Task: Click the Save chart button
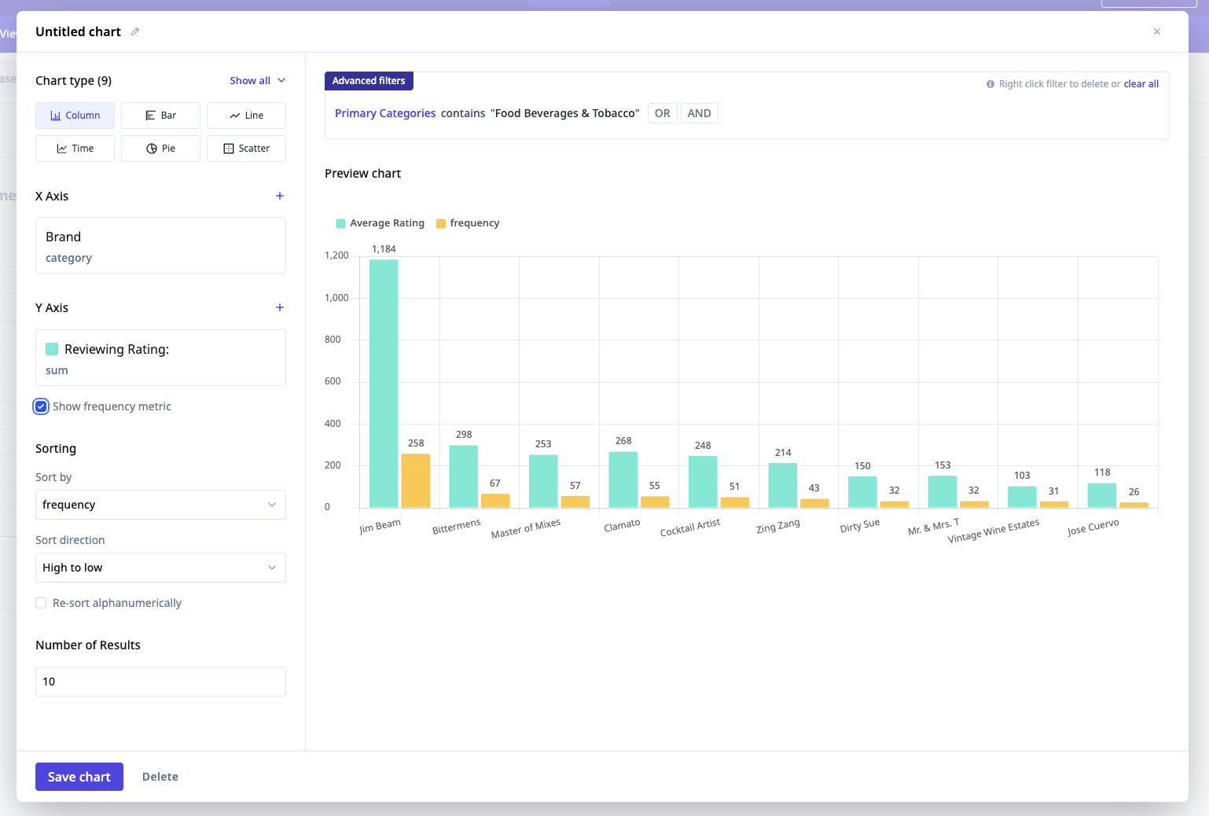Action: point(79,777)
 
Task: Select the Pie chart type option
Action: point(160,149)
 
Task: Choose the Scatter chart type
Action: point(246,149)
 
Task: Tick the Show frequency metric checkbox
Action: point(41,406)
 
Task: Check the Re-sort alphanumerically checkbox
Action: point(41,603)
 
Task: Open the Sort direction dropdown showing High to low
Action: point(160,568)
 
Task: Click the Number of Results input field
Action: point(160,682)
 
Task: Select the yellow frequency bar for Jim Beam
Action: point(416,480)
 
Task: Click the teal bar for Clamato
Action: point(623,480)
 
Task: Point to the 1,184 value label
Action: point(384,249)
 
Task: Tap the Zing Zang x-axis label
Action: point(778,526)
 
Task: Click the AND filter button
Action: point(699,113)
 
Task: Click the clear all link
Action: point(1141,84)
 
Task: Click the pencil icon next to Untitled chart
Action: point(135,31)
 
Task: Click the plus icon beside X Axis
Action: point(280,196)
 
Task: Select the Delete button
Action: point(160,777)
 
